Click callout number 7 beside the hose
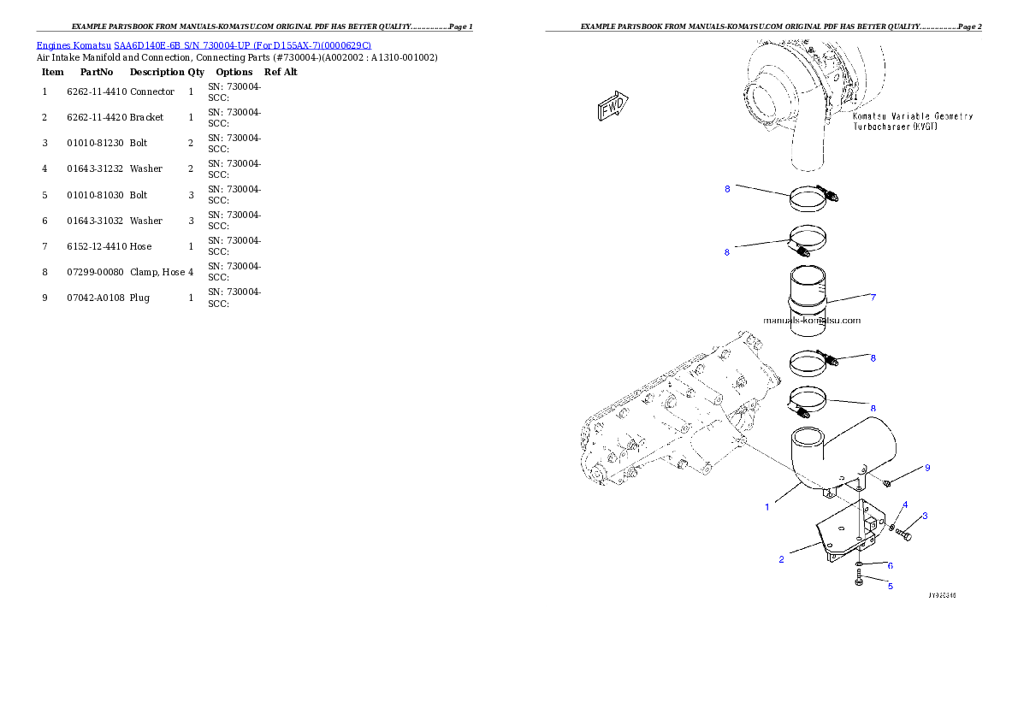[x=873, y=298]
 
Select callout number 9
[x=926, y=468]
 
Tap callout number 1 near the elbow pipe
[x=766, y=506]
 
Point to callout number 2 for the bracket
[x=781, y=559]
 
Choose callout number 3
[x=924, y=516]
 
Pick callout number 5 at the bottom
[x=890, y=586]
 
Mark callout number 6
[x=890, y=565]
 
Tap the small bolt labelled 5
[x=858, y=581]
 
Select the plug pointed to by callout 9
[x=886, y=484]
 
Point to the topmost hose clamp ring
[x=808, y=200]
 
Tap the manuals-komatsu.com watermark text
[x=812, y=321]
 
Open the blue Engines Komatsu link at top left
[x=204, y=44]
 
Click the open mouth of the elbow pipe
[x=807, y=444]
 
